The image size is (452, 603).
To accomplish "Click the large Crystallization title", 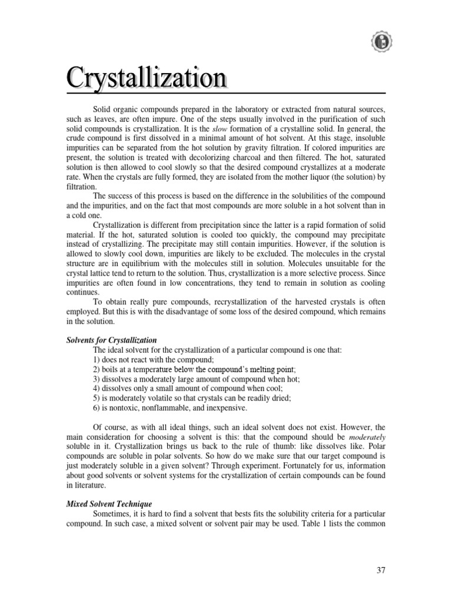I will (147, 78).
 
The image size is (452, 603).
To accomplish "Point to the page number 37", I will (380, 571).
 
